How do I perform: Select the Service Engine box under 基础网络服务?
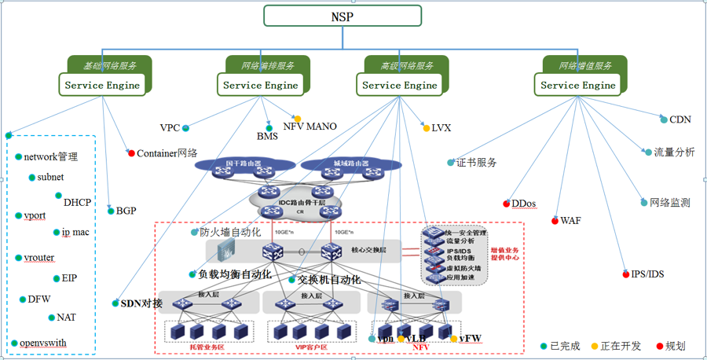[x=102, y=85]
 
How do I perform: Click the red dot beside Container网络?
[x=131, y=152]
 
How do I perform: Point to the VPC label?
[x=170, y=127]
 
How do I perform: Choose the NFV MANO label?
[x=310, y=126]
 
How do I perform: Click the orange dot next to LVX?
[x=426, y=127]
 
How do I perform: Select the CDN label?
[x=680, y=120]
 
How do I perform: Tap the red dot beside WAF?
[x=555, y=221]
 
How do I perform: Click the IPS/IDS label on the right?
[x=647, y=274]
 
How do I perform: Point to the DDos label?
[x=523, y=204]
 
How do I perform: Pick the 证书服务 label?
[x=477, y=163]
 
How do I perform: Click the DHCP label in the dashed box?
[x=77, y=202]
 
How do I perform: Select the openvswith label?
[x=44, y=343]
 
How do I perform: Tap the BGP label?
[x=126, y=211]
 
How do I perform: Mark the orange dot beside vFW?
[x=453, y=339]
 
